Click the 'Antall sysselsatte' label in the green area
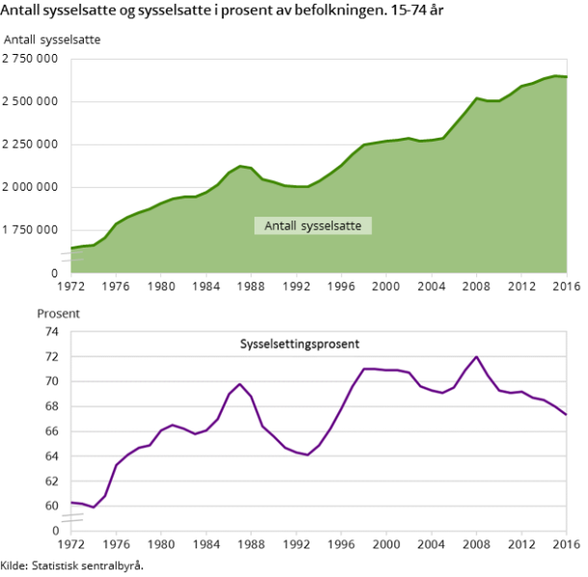pyautogui.click(x=312, y=226)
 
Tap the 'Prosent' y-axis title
pyautogui.click(x=58, y=313)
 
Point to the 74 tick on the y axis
pyautogui.click(x=51, y=331)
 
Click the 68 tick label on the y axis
pyautogui.click(x=51, y=407)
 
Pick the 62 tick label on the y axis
pyautogui.click(x=51, y=481)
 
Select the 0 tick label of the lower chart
pyautogui.click(x=55, y=531)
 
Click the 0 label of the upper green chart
pyautogui.click(x=55, y=273)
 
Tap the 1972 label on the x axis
pyautogui.click(x=71, y=545)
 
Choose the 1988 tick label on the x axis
pyautogui.click(x=251, y=545)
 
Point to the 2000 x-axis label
pyautogui.click(x=386, y=545)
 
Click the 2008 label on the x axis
pyautogui.click(x=476, y=545)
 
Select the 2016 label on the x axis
pyautogui.click(x=565, y=545)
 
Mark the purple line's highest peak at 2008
pyautogui.click(x=476, y=356)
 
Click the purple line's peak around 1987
pyautogui.click(x=240, y=383)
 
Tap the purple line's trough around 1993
pyautogui.click(x=307, y=455)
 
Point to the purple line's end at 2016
pyautogui.click(x=566, y=414)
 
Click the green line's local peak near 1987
pyautogui.click(x=240, y=166)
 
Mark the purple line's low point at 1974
pyautogui.click(x=94, y=507)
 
